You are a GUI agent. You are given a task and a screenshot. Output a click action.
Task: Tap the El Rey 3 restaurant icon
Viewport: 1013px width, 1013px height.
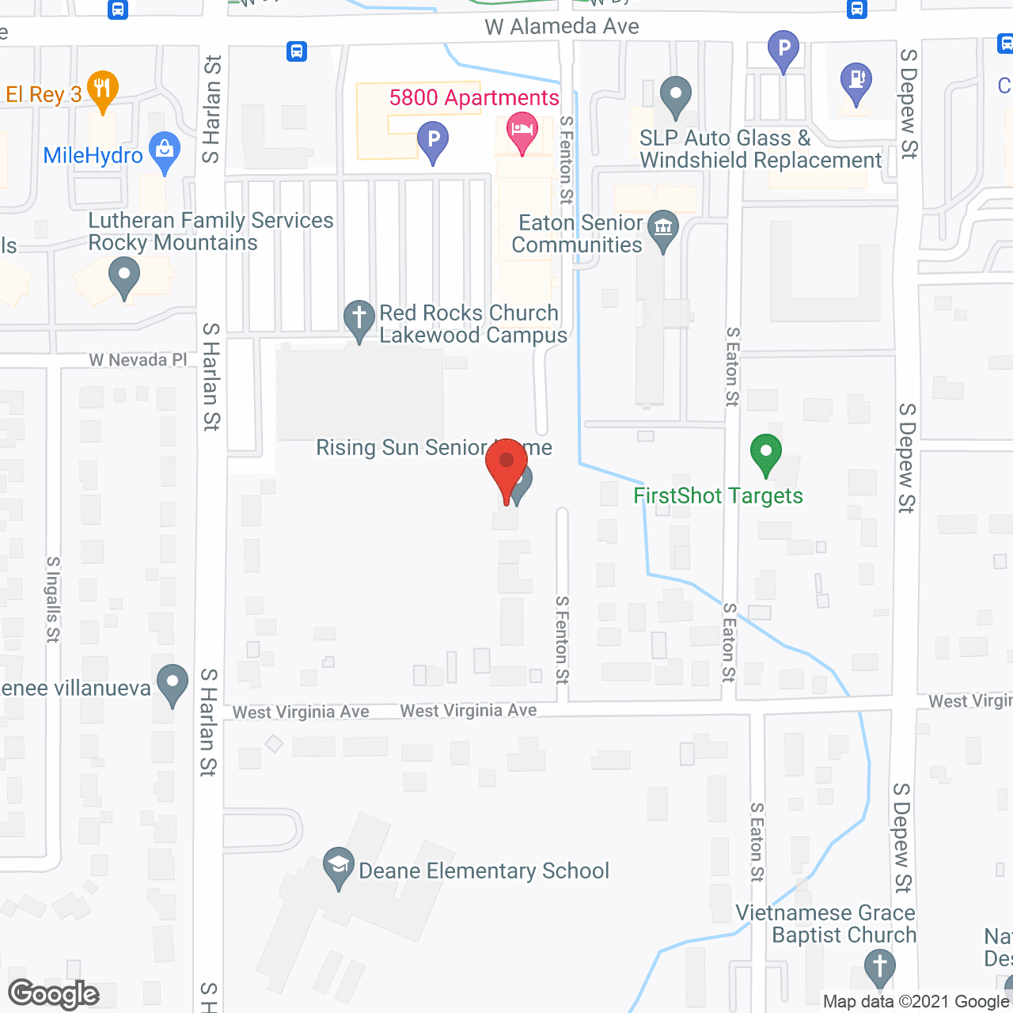[x=102, y=90]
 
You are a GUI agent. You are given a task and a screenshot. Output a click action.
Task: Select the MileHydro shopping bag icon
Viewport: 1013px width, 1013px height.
[x=165, y=151]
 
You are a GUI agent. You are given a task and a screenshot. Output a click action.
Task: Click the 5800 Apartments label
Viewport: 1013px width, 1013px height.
[x=474, y=98]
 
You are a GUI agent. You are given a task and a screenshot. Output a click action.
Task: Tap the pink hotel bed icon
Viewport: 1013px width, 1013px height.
[x=522, y=131]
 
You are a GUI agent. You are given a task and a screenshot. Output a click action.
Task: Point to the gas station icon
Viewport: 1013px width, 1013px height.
[x=856, y=82]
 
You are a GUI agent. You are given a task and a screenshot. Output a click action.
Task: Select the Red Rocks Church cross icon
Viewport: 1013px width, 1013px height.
[x=359, y=319]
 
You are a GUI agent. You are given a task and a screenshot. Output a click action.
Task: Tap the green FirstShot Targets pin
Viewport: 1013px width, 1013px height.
[x=765, y=454]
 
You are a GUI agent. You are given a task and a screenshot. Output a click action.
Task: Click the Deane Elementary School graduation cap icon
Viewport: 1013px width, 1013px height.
[x=339, y=866]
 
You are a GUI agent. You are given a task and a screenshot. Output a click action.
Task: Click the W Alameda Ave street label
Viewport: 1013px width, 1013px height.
[x=562, y=27]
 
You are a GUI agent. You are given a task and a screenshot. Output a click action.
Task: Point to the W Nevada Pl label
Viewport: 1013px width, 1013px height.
[x=138, y=360]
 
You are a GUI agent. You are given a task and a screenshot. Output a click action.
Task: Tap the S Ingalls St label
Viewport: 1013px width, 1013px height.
[x=53, y=599]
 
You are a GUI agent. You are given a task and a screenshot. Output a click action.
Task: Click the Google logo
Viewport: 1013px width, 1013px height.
[x=54, y=994]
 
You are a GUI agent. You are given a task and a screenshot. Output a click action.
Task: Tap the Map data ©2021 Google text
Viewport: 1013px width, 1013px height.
[x=916, y=1002]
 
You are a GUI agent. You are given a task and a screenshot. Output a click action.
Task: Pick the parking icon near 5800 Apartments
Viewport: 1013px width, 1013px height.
[x=433, y=141]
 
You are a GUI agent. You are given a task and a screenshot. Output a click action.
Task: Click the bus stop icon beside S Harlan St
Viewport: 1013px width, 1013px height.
[x=297, y=52]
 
